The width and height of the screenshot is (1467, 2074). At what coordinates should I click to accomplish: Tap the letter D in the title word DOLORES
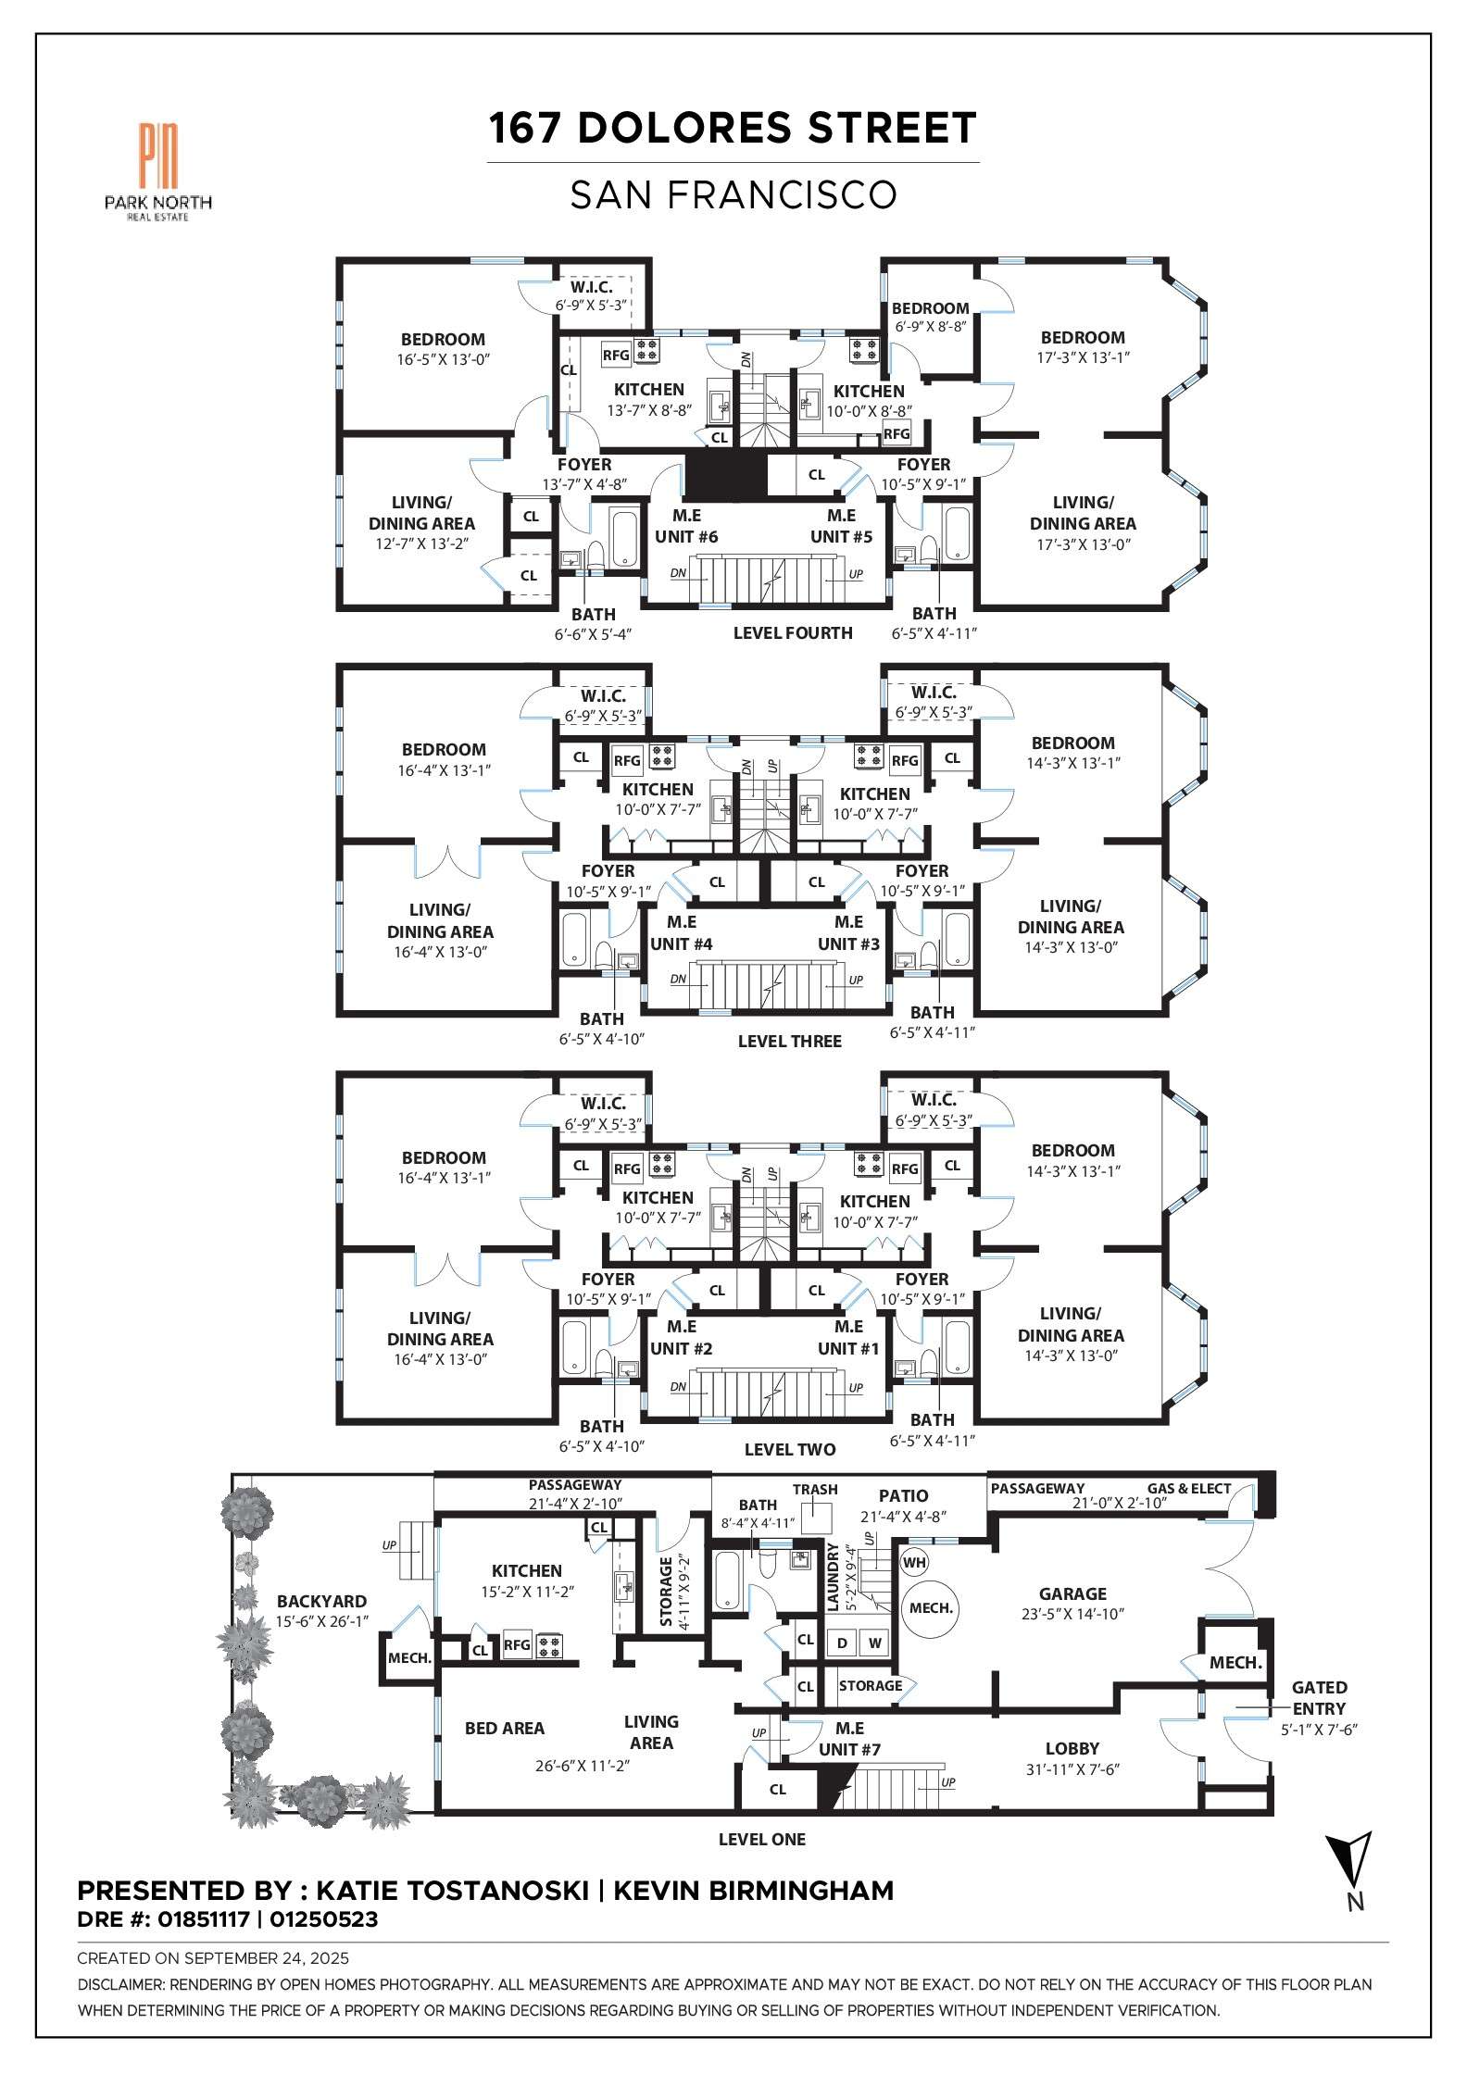point(593,128)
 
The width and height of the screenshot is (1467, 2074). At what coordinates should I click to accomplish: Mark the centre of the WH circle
point(914,1563)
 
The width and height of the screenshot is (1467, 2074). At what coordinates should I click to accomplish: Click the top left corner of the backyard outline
point(232,1475)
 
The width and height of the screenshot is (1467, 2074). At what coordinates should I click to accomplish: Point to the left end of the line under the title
point(488,163)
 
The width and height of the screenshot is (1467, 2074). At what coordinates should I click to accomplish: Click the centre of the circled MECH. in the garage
point(931,1608)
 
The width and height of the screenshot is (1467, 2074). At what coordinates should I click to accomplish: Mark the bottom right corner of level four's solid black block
point(768,499)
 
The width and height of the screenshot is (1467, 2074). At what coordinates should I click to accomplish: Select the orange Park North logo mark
point(158,156)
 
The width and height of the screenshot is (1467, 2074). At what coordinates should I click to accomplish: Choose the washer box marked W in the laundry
point(874,1643)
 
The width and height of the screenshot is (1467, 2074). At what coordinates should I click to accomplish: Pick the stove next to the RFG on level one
point(549,1644)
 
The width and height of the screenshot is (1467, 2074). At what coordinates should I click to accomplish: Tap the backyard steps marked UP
point(417,1550)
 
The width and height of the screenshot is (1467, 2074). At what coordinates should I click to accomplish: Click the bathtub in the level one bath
point(727,1580)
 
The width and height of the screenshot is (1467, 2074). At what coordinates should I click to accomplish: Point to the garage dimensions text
point(1072,1614)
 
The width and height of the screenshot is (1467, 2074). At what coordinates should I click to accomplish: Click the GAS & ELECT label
point(1189,1489)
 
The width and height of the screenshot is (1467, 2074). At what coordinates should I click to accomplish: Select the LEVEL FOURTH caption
point(793,633)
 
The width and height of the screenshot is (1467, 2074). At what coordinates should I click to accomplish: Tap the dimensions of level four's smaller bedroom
point(930,327)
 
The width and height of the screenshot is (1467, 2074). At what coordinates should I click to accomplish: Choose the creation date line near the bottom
point(213,1958)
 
